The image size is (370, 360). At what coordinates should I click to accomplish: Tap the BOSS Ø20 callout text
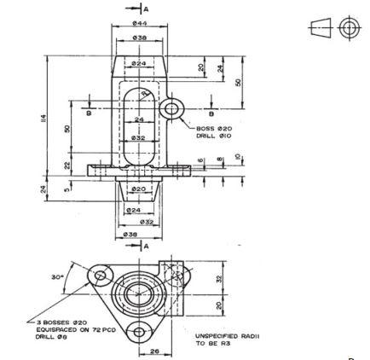[214, 129]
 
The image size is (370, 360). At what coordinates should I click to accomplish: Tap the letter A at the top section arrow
[146, 8]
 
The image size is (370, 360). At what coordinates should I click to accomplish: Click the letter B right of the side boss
[211, 113]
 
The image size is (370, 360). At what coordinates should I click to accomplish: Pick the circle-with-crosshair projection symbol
[348, 27]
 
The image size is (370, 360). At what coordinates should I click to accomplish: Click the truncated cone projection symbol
[321, 27]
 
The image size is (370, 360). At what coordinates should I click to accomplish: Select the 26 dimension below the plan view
[154, 350]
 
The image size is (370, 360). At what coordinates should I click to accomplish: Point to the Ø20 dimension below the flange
[139, 189]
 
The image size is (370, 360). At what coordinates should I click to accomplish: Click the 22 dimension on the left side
[66, 164]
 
